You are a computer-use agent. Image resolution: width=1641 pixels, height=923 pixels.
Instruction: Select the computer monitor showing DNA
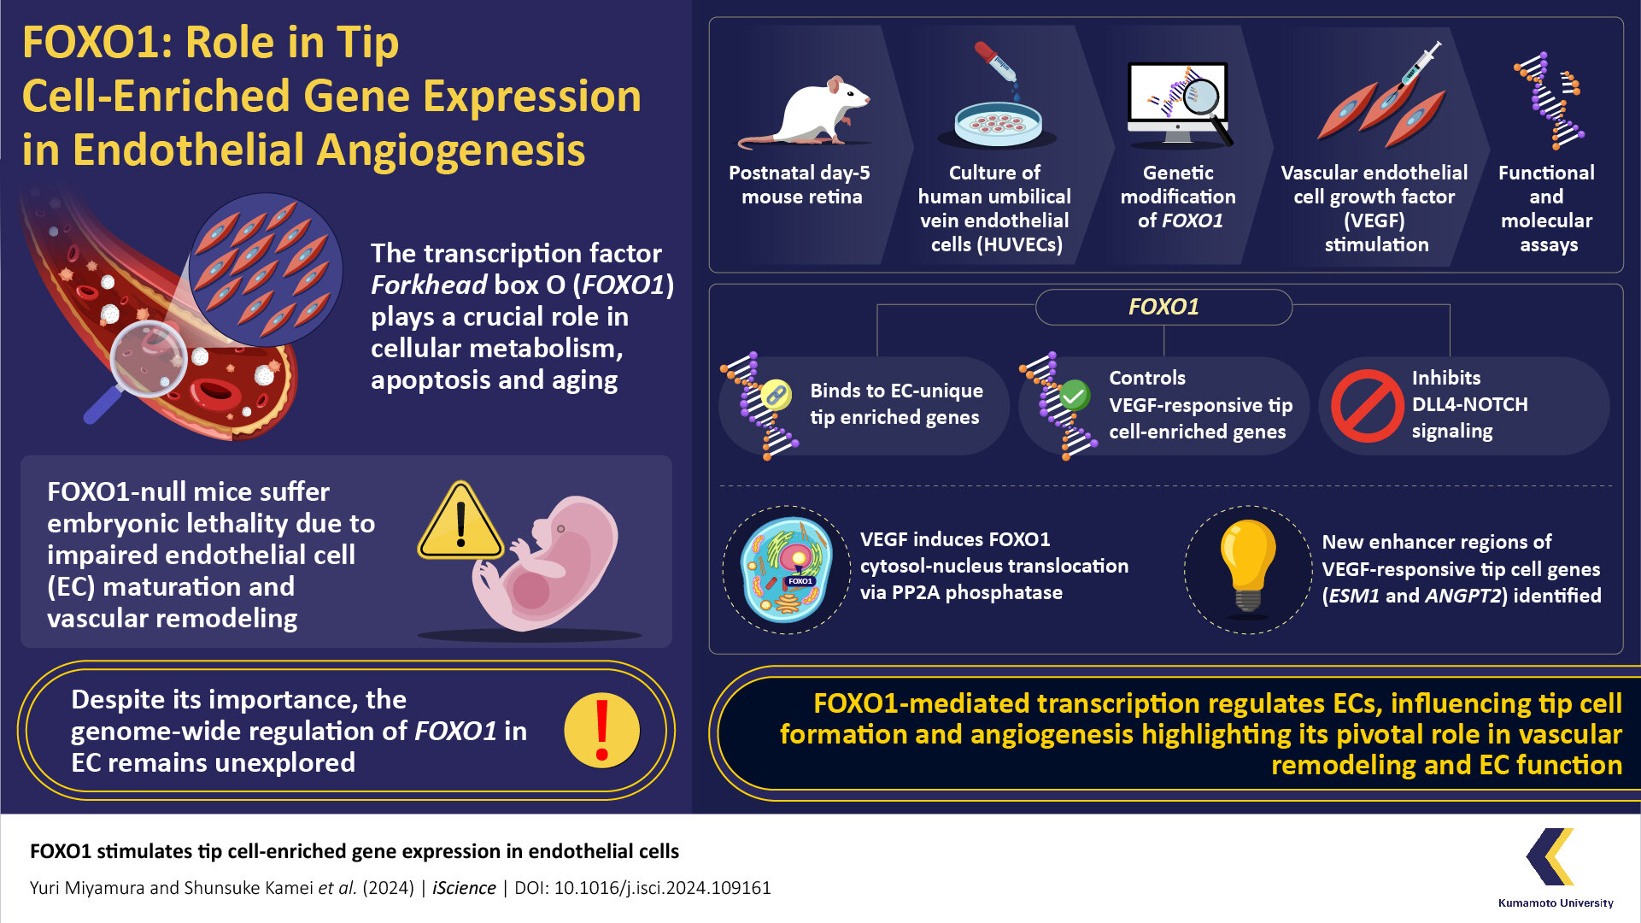1177,98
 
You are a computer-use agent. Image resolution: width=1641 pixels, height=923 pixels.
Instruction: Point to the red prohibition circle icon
1367,406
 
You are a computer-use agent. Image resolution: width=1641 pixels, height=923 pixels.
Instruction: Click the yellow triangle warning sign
460,522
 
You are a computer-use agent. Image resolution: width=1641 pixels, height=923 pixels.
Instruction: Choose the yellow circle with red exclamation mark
602,731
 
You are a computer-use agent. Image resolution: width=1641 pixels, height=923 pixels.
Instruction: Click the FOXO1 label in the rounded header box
1163,307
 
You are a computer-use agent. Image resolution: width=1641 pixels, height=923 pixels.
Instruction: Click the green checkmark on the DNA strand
1074,396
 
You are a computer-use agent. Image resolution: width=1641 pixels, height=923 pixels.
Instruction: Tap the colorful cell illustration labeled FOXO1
787,569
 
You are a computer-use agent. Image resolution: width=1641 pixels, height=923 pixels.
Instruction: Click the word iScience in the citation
464,888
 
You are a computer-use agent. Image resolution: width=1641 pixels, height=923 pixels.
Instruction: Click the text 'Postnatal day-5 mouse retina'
800,185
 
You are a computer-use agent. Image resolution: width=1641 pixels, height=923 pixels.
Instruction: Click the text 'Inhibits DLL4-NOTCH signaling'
1468,404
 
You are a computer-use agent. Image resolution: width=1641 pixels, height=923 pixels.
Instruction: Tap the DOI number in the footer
662,888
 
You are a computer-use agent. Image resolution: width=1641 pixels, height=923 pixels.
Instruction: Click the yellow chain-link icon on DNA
775,394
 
